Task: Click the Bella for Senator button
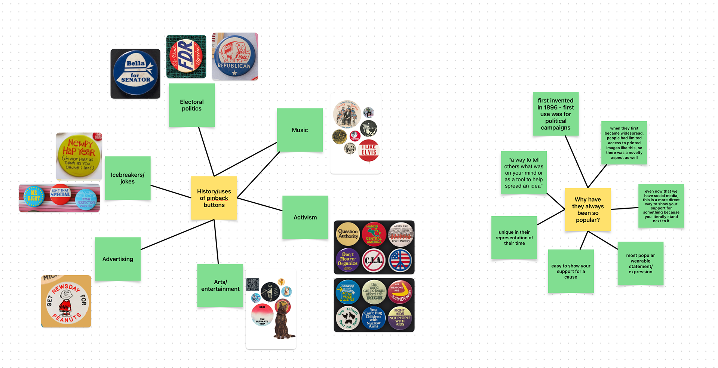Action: (x=135, y=74)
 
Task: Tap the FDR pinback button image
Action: (x=186, y=56)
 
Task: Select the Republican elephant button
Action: (x=234, y=56)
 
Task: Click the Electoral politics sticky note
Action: (x=191, y=105)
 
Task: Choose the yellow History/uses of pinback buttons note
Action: (x=214, y=198)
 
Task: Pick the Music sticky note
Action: (x=300, y=130)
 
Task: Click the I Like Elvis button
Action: (x=369, y=151)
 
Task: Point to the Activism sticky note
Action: (x=305, y=217)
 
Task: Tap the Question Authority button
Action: (x=348, y=234)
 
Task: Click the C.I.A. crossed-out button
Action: (x=374, y=260)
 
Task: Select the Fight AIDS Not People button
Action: (x=400, y=318)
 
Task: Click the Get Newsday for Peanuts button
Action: (x=66, y=301)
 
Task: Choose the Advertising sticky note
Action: (x=117, y=259)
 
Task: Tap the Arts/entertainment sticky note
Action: (x=220, y=285)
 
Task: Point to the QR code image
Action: (x=253, y=285)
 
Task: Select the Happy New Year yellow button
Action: (x=79, y=156)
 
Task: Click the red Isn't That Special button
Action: (x=60, y=194)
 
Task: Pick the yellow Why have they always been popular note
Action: (x=587, y=209)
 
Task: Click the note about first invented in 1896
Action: (x=555, y=114)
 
